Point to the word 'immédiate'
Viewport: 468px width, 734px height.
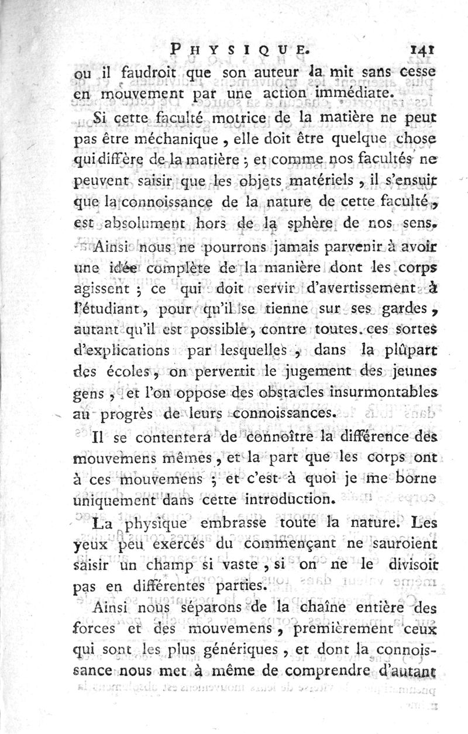pyautogui.click(x=338, y=92)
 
